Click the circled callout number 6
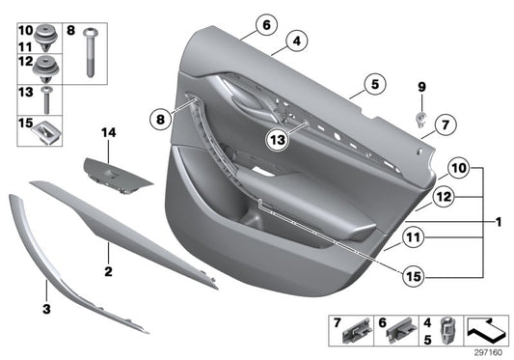(267, 25)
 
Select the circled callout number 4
(297, 42)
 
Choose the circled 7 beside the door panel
(444, 124)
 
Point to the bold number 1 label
(498, 222)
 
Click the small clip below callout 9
(421, 119)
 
